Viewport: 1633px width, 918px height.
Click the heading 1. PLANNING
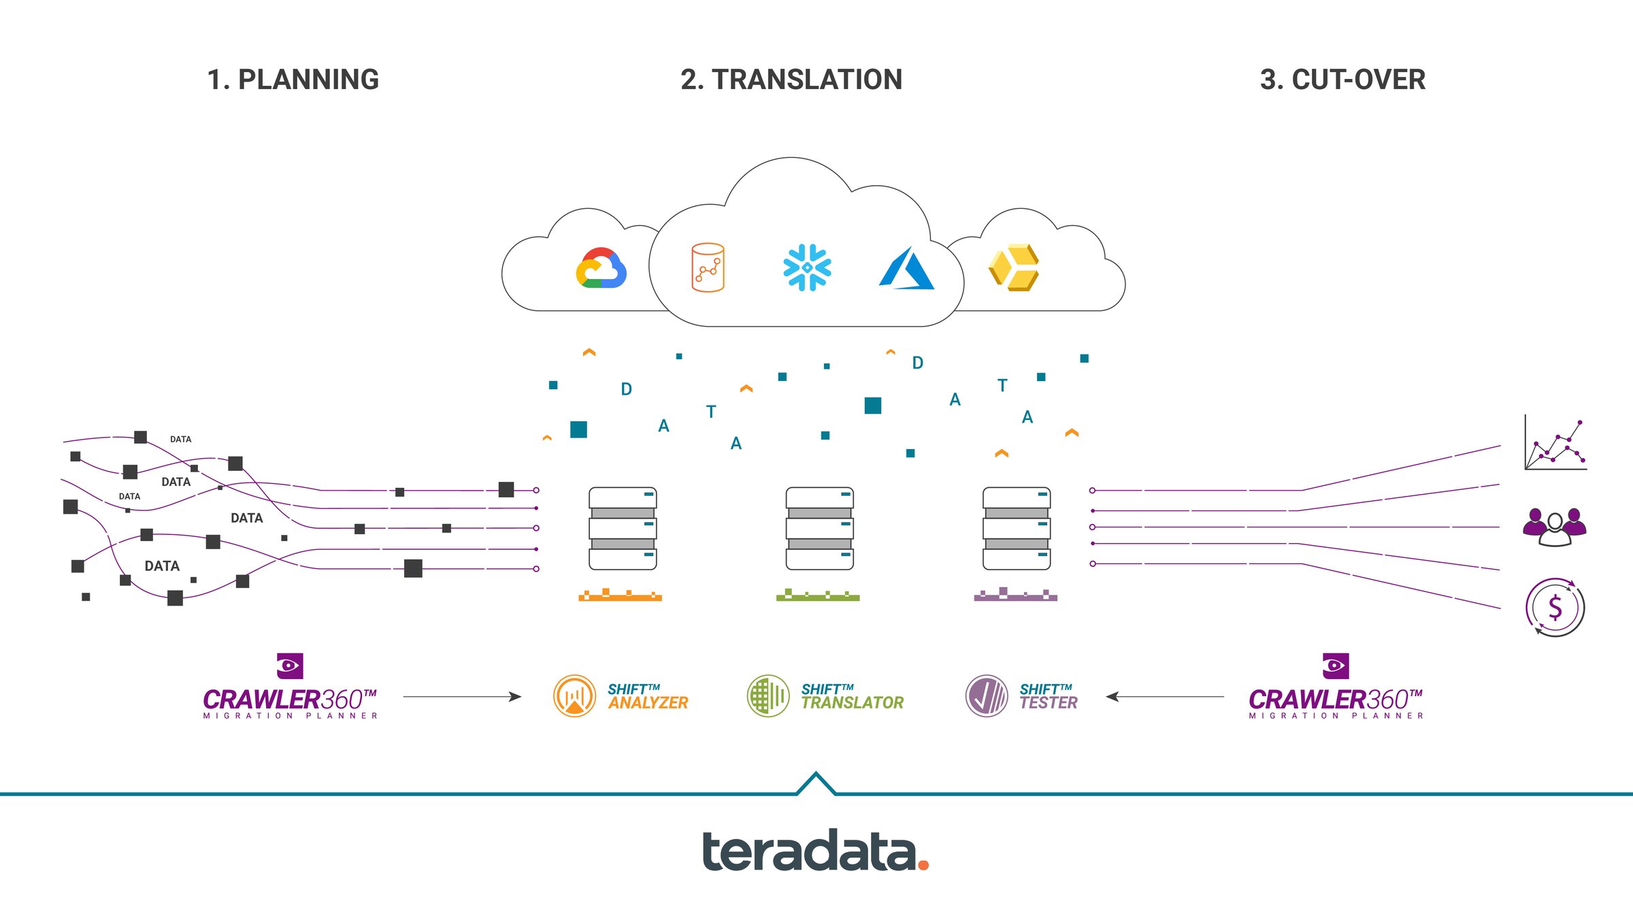[x=293, y=80]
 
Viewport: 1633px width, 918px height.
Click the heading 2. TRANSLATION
[x=791, y=80]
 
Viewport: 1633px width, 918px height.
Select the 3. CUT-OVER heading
[x=1342, y=80]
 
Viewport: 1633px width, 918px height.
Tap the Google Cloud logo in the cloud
[x=601, y=268]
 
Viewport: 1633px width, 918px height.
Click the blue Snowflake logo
[x=807, y=267]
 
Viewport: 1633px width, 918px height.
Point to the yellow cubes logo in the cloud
[x=1014, y=267]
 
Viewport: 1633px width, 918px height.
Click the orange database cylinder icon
[x=708, y=267]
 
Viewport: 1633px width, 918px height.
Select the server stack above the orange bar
[x=623, y=528]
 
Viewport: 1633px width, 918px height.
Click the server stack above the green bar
[x=819, y=528]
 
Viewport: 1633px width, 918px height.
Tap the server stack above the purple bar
[x=1017, y=528]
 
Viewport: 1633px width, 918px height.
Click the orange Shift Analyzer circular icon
[x=574, y=696]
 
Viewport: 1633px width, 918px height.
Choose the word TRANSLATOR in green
[x=852, y=703]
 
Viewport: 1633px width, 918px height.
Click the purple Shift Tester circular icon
[x=986, y=696]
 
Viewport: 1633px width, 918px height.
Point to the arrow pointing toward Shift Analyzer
[x=462, y=696]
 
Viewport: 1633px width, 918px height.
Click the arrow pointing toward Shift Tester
[x=1165, y=696]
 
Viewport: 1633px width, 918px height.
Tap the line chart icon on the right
[x=1555, y=444]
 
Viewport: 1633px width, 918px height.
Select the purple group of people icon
[x=1554, y=527]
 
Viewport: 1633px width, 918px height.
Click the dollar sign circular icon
[x=1555, y=607]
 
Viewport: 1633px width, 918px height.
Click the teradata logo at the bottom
[x=815, y=851]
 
